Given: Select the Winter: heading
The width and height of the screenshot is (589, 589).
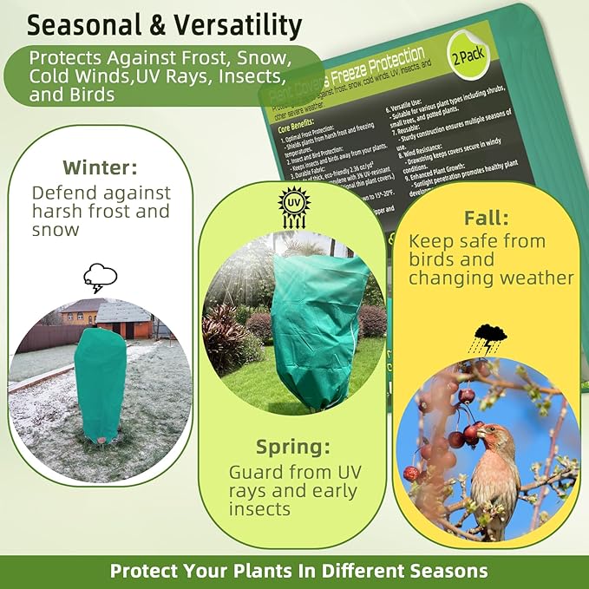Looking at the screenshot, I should tap(100, 166).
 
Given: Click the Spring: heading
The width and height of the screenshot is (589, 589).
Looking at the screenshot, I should tap(293, 447).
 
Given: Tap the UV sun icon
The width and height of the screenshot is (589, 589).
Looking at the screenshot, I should tap(293, 206).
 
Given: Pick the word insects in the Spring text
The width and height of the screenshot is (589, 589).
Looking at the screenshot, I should tap(259, 509).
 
